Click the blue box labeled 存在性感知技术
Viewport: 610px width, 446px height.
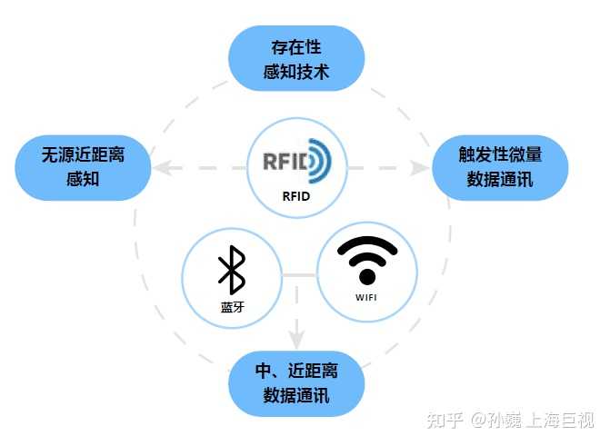(x=295, y=57)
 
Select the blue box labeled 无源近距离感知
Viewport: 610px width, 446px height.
(x=83, y=168)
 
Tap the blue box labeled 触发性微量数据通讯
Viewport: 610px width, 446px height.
(x=499, y=168)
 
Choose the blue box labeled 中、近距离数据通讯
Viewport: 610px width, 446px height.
(x=295, y=382)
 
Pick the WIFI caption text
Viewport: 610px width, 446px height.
(x=366, y=297)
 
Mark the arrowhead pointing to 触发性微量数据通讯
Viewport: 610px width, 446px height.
(x=421, y=168)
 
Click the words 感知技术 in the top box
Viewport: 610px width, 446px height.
(x=295, y=70)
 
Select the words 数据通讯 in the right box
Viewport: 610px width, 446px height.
(x=499, y=180)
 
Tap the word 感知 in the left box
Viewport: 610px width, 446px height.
(x=83, y=180)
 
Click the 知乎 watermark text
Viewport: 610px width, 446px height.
(x=445, y=420)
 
